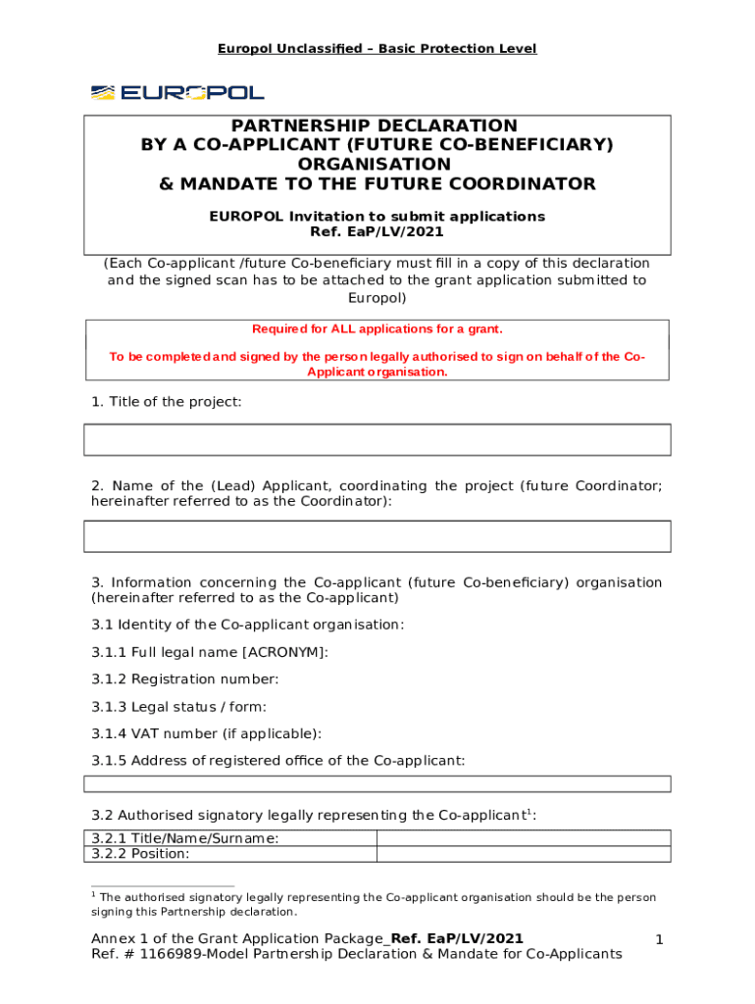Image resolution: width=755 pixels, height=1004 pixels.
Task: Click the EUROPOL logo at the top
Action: [x=177, y=92]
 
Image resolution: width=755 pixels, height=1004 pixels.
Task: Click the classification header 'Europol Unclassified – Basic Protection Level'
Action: [x=377, y=48]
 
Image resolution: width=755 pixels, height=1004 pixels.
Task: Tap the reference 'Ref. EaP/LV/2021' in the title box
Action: [x=377, y=232]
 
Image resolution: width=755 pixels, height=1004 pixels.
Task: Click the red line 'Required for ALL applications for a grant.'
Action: [x=377, y=329]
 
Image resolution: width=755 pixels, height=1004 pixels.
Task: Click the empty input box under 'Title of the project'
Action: [x=377, y=439]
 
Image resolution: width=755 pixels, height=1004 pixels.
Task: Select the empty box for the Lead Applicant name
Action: [x=377, y=536]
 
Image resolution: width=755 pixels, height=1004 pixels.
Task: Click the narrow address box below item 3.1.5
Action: [x=377, y=783]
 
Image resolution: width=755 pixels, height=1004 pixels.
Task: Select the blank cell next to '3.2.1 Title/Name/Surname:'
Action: [x=524, y=838]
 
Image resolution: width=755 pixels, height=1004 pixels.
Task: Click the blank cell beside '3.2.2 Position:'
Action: [x=524, y=854]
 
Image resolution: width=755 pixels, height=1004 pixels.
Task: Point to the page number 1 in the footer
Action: [x=660, y=940]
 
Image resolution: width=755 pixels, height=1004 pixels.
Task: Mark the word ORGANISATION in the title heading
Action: [x=377, y=165]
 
